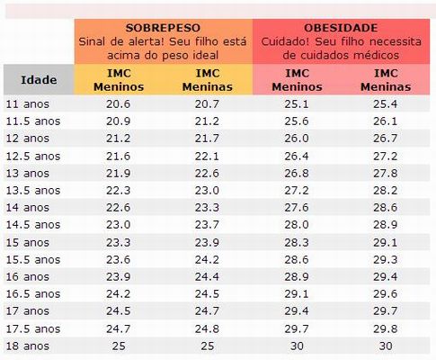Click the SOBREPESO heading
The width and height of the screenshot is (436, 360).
(x=164, y=27)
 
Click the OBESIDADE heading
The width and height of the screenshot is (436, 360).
(x=341, y=27)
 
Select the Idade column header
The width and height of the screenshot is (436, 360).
(x=39, y=79)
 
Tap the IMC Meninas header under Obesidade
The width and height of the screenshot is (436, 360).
(x=386, y=79)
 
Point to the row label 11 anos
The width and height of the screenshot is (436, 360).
(x=26, y=104)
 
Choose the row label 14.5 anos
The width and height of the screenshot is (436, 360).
(x=32, y=224)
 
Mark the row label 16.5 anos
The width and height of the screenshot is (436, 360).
(x=32, y=292)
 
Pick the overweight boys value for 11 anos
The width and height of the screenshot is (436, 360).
(x=118, y=104)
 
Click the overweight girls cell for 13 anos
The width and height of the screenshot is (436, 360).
(x=208, y=173)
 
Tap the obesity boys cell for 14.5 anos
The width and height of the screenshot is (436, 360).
(x=296, y=224)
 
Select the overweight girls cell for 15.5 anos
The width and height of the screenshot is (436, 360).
(x=208, y=258)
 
